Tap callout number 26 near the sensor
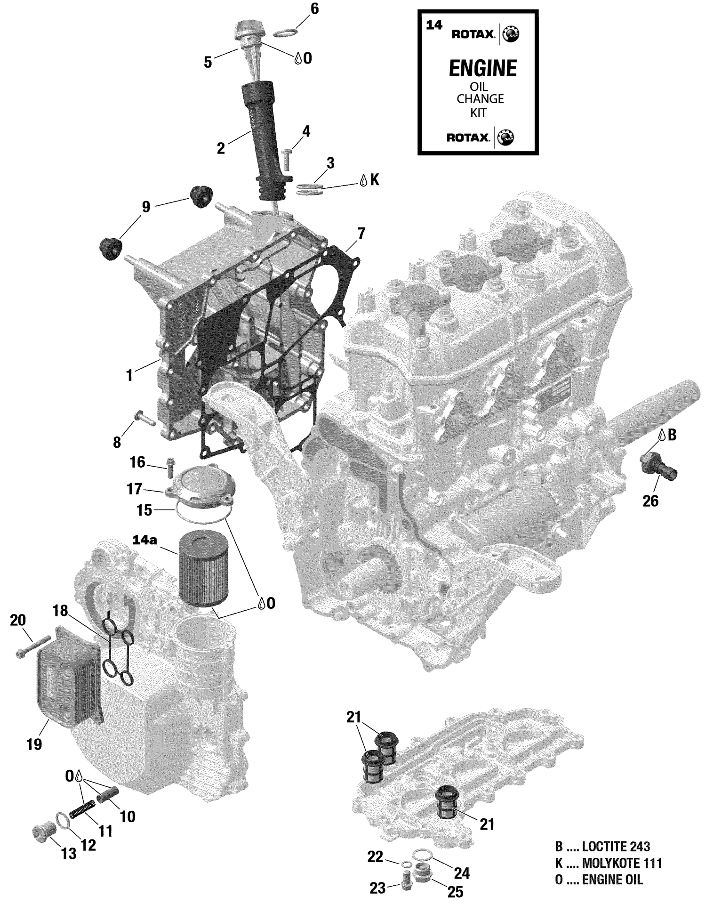click(x=650, y=501)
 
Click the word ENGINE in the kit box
click(x=482, y=69)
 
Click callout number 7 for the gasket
click(x=361, y=233)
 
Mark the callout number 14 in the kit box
click(x=434, y=25)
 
